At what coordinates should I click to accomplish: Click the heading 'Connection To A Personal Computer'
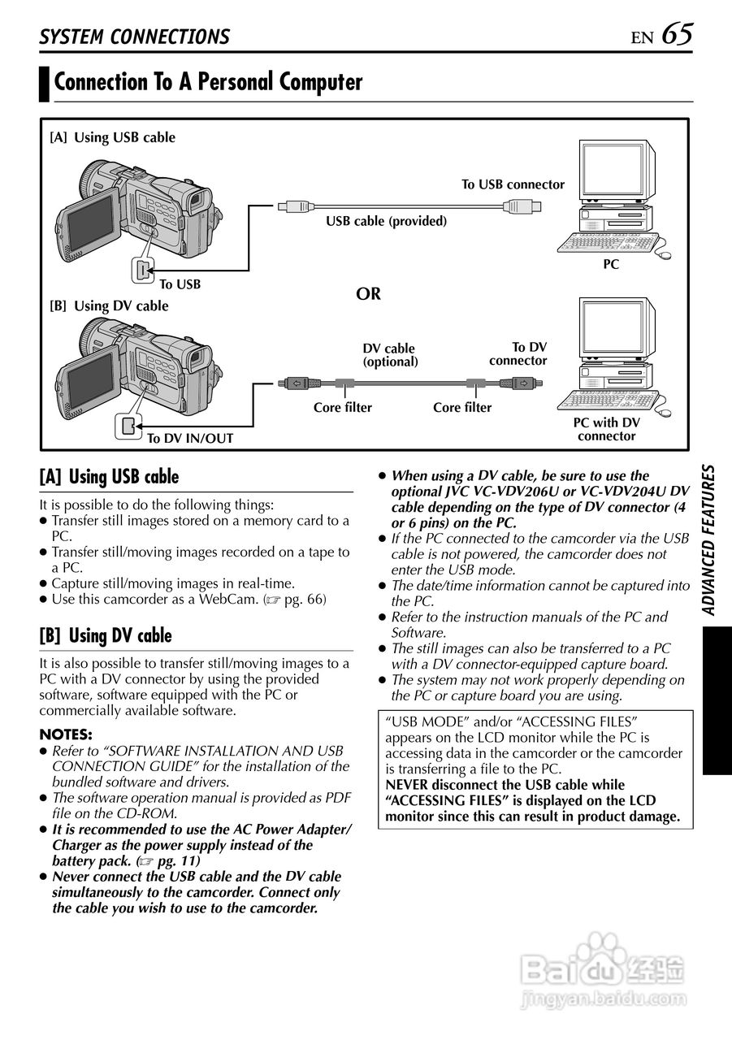click(x=208, y=82)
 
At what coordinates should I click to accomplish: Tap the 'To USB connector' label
click(x=513, y=184)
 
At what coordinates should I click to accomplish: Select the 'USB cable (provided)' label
click(x=386, y=221)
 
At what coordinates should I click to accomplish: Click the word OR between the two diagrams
click(x=368, y=293)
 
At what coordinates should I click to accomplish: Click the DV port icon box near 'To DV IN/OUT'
click(x=128, y=425)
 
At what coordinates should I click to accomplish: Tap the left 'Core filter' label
click(x=342, y=407)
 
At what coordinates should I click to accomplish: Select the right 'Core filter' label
click(x=461, y=407)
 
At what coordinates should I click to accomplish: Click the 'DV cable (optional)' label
click(x=389, y=355)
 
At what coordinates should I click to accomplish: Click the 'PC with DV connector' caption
click(x=606, y=429)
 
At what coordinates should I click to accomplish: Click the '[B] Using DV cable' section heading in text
click(x=106, y=635)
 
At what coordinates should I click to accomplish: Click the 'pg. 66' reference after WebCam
click(x=305, y=599)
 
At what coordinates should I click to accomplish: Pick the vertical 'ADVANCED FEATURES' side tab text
click(x=710, y=540)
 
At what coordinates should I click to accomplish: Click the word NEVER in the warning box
click(x=410, y=785)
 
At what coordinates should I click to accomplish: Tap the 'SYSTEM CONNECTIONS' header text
click(x=135, y=37)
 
